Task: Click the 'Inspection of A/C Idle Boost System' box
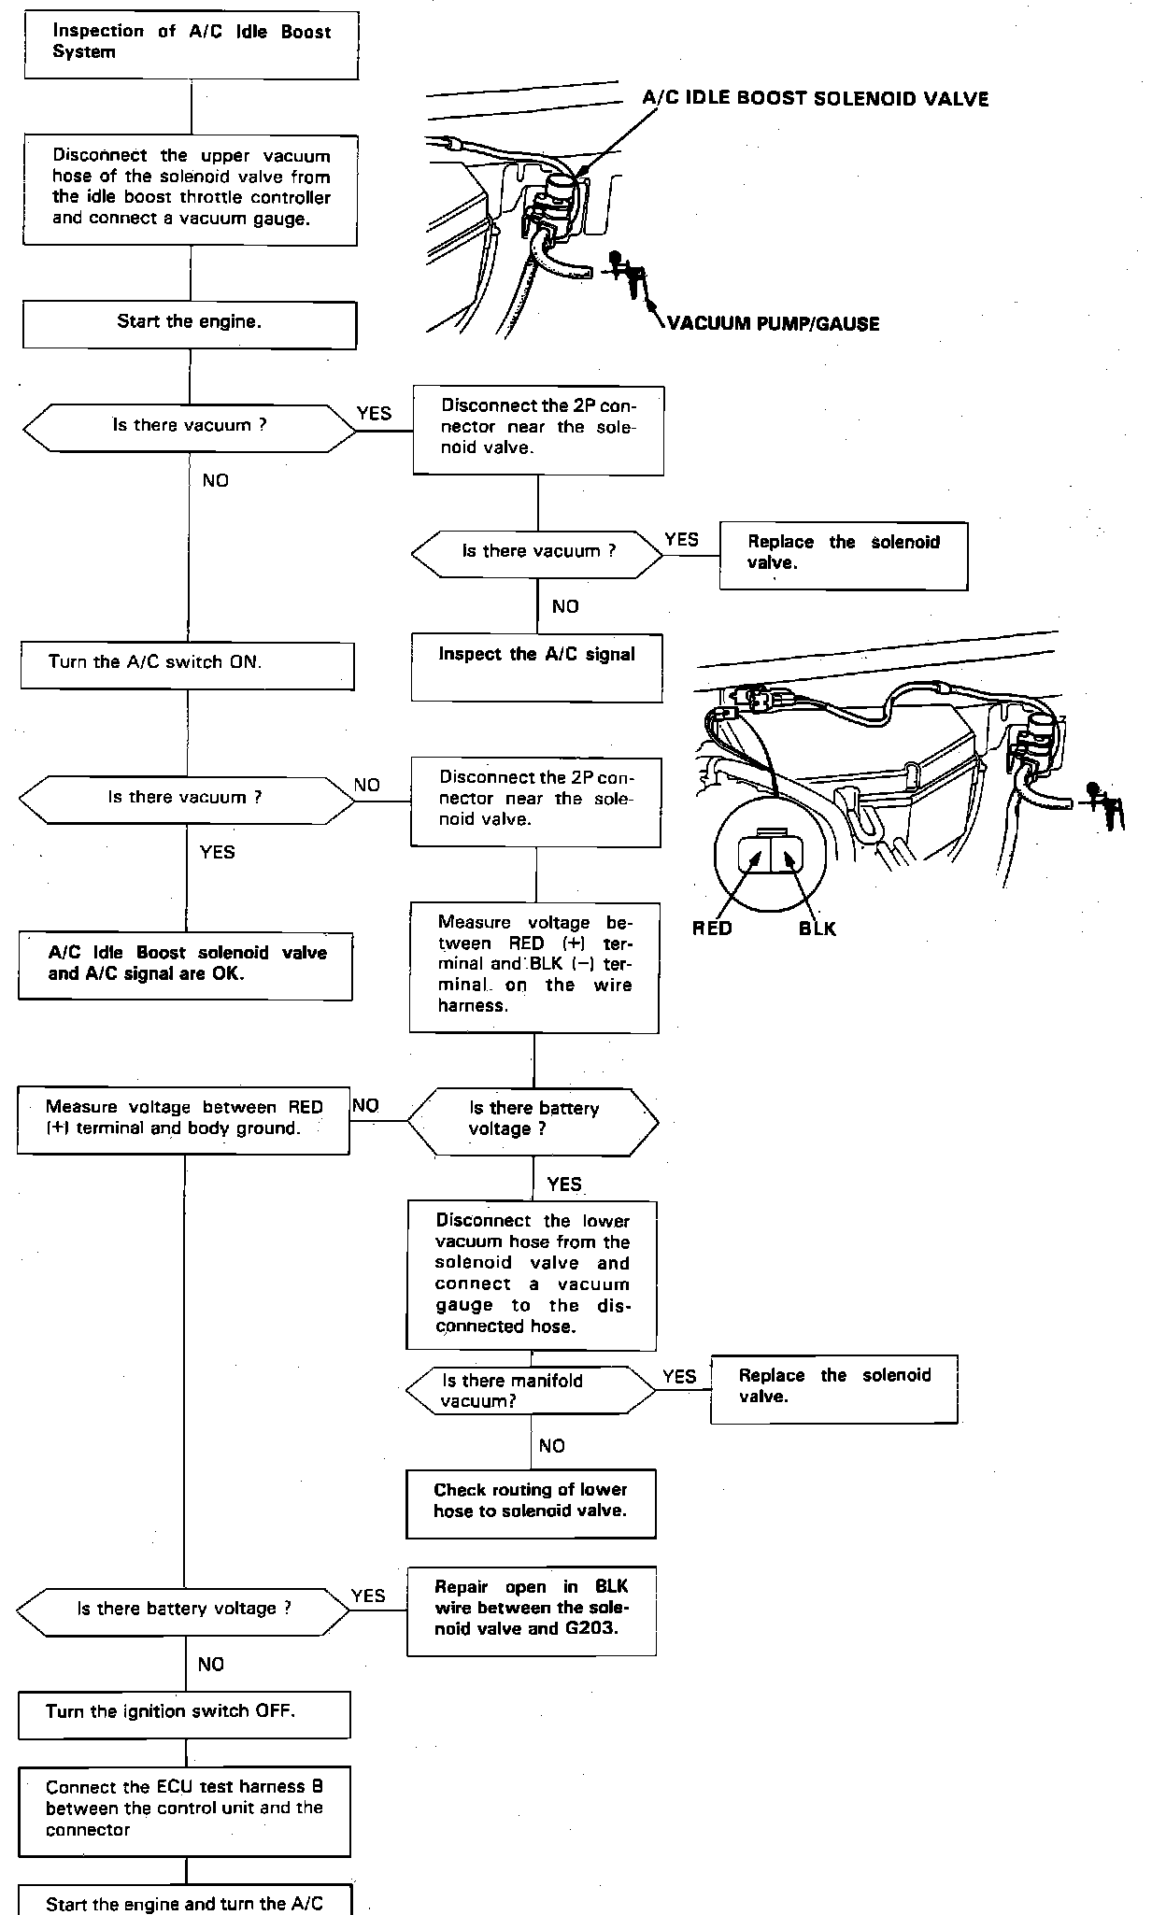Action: (191, 45)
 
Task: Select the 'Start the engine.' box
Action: (190, 324)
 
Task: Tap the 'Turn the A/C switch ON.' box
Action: (188, 666)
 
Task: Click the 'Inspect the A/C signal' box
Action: (537, 668)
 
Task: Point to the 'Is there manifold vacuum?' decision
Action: (531, 1390)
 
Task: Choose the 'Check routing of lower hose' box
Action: (531, 1504)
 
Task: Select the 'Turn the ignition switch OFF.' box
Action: (184, 1715)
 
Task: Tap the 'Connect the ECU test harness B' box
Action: (184, 1811)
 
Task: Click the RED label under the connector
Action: (712, 929)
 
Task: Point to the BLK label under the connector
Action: (818, 929)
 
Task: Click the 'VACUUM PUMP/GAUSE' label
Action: (774, 324)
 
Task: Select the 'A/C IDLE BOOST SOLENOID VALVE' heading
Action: (816, 99)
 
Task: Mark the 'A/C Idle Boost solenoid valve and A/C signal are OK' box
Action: (185, 966)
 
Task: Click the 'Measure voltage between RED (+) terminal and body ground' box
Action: (183, 1120)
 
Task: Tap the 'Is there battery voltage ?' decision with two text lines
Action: (533, 1121)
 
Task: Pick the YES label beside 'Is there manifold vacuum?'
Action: (679, 1377)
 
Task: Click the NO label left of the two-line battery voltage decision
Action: (365, 1106)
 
